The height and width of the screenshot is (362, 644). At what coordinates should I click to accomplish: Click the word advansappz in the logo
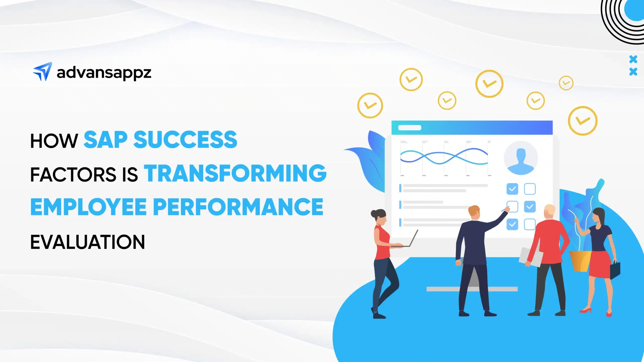coord(104,73)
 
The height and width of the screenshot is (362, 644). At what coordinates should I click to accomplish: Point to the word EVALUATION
coord(88,242)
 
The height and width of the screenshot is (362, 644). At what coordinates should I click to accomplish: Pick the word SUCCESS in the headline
coord(185,140)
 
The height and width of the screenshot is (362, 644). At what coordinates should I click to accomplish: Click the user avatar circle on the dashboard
coord(520,158)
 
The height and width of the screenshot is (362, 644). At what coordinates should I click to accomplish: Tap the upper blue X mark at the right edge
coord(633,60)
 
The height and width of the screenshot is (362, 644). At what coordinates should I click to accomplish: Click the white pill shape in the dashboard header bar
coord(410,128)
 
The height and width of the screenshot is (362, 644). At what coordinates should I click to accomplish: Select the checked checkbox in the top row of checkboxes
coord(512,189)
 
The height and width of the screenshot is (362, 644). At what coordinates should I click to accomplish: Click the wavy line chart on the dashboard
coord(444,156)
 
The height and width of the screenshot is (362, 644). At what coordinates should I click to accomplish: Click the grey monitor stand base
coord(472,289)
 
